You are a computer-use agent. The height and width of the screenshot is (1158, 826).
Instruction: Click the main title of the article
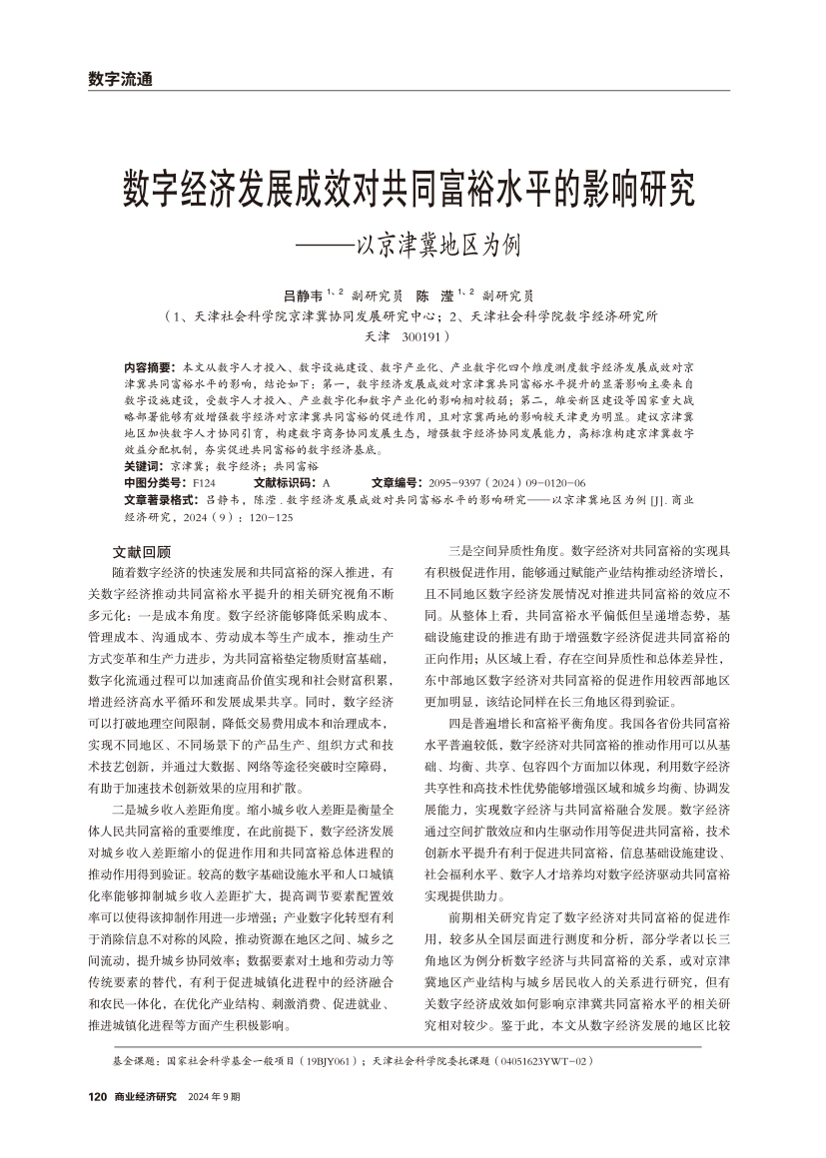(x=410, y=188)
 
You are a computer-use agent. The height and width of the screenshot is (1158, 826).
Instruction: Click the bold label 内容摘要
(x=147, y=367)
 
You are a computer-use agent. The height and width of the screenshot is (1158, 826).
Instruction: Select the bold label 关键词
(x=143, y=465)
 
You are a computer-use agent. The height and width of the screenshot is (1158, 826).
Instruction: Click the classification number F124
(x=203, y=480)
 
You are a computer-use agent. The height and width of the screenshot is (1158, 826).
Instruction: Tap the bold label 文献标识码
(x=287, y=480)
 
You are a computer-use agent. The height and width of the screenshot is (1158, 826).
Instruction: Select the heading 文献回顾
(x=142, y=551)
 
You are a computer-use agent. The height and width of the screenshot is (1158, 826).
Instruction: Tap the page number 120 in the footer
(x=98, y=1097)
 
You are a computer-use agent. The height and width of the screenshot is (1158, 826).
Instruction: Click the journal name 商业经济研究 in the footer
(x=146, y=1097)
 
